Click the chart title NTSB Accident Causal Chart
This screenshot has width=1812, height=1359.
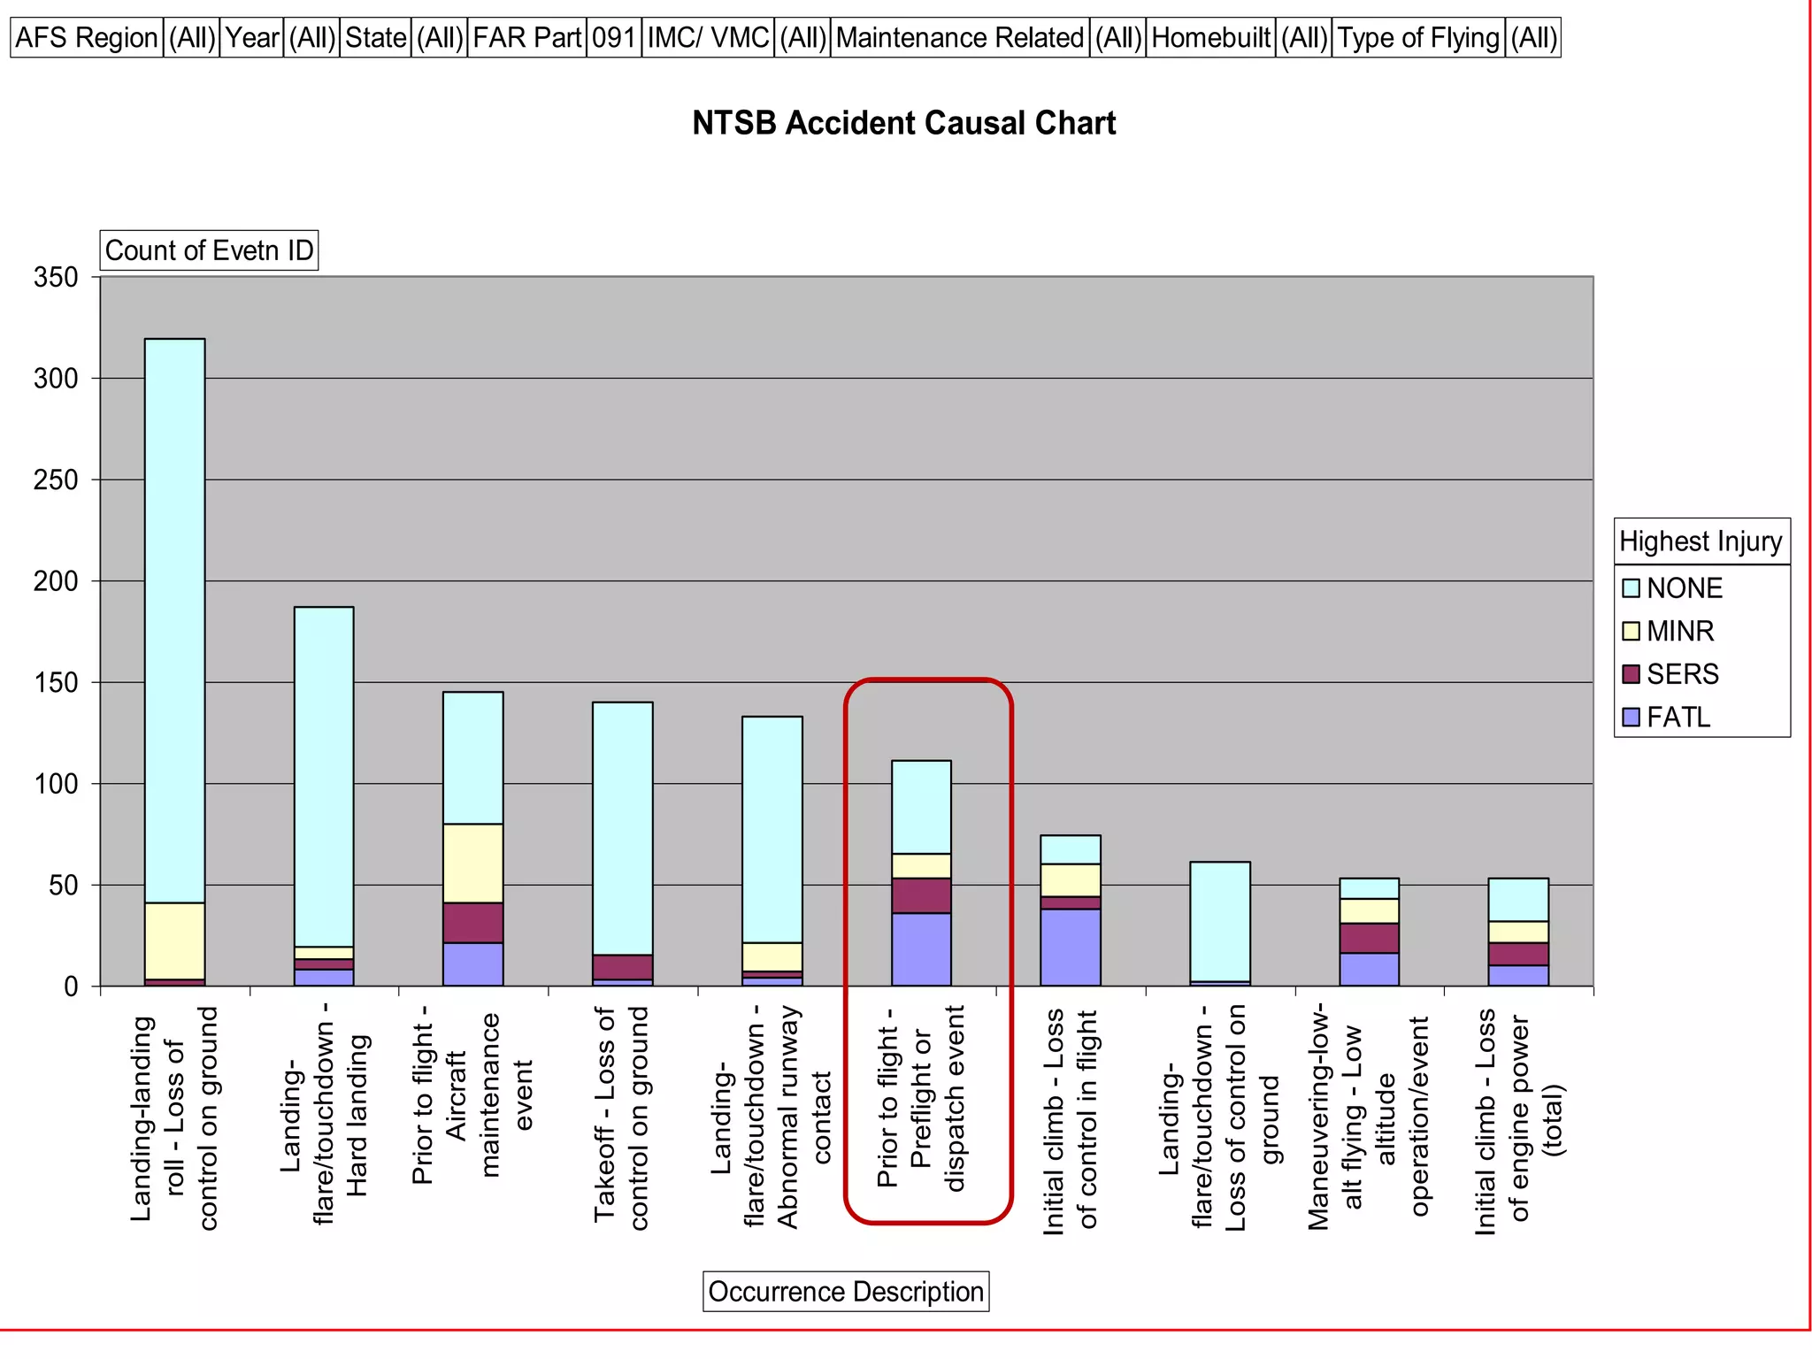pyautogui.click(x=903, y=123)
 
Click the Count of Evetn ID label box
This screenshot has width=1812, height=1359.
pyautogui.click(x=209, y=250)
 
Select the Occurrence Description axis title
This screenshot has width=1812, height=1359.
pyautogui.click(x=846, y=1292)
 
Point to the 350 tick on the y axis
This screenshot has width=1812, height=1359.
pyautogui.click(x=56, y=277)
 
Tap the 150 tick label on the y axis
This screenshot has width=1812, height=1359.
pyautogui.click(x=56, y=682)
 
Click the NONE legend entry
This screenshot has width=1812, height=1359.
pyautogui.click(x=1683, y=588)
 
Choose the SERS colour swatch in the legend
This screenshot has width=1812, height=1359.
pyautogui.click(x=1631, y=674)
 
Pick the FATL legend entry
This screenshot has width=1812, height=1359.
pyautogui.click(x=1678, y=717)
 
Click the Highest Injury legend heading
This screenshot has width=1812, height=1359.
pyautogui.click(x=1701, y=541)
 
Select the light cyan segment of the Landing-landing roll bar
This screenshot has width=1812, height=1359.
pyautogui.click(x=175, y=619)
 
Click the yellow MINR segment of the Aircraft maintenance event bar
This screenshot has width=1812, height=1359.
pyautogui.click(x=473, y=863)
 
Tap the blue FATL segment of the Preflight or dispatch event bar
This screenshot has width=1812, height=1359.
pyautogui.click(x=921, y=949)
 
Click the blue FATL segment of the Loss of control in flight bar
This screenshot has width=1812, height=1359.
pyautogui.click(x=1071, y=948)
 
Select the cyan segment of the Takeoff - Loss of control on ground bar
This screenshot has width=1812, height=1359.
pyautogui.click(x=623, y=827)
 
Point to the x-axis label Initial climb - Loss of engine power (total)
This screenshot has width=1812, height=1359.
pyautogui.click(x=1518, y=1119)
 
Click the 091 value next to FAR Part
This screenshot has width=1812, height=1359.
pyautogui.click(x=614, y=38)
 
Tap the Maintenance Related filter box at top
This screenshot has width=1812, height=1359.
pyautogui.click(x=960, y=38)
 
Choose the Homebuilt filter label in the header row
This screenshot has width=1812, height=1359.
pyautogui.click(x=1210, y=38)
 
